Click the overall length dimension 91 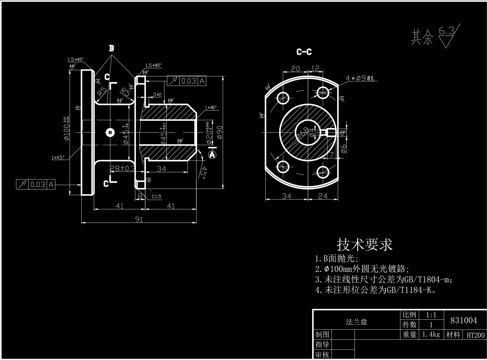click(139, 219)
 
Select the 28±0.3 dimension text click(123, 168)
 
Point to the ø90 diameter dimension click(220, 132)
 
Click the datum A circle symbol click(212, 155)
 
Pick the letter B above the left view click(111, 49)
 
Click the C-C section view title click(304, 52)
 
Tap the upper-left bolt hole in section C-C click(283, 98)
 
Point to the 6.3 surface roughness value click(446, 31)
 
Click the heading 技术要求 click(364, 245)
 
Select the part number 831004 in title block click(464, 320)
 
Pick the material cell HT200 click(475, 335)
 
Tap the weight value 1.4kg click(431, 335)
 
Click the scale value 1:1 click(431, 315)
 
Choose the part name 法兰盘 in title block click(356, 322)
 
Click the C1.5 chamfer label click(156, 196)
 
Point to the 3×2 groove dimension click(157, 95)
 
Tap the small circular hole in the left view click(110, 133)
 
